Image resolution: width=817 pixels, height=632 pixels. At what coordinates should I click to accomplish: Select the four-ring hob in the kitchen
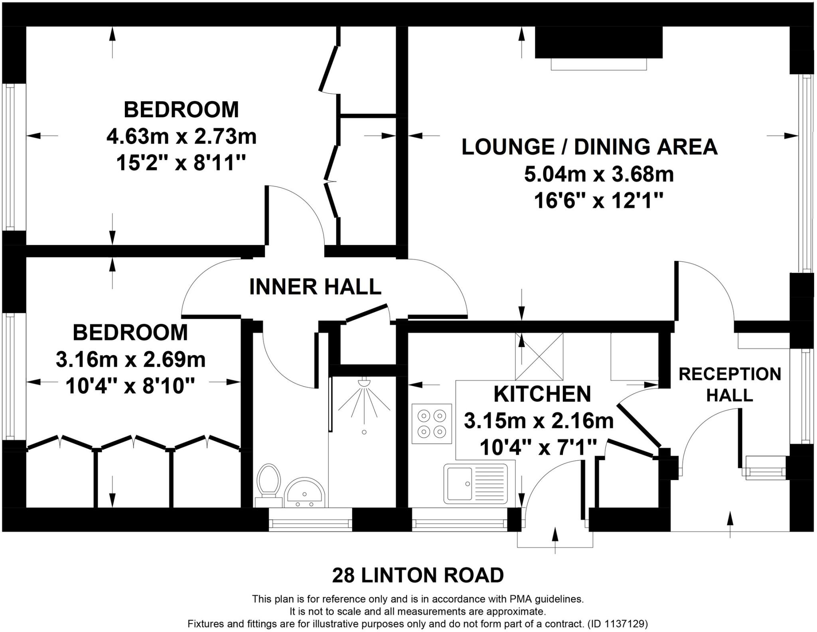432,423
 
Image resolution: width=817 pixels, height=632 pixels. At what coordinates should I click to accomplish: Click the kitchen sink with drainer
476,483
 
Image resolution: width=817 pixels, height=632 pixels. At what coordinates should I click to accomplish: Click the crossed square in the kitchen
539,356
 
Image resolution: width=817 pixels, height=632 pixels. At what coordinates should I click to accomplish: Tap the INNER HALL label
315,287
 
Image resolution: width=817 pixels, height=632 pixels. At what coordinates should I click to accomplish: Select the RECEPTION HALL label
730,384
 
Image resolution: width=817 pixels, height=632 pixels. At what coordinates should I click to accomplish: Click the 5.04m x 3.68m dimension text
599,174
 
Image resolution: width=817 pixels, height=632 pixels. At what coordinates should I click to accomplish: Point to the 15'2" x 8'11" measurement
181,163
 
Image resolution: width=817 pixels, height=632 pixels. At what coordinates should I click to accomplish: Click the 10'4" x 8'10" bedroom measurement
130,386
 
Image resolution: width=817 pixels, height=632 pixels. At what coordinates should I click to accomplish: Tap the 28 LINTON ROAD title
418,575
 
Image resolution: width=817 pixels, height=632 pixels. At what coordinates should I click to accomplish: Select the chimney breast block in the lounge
598,42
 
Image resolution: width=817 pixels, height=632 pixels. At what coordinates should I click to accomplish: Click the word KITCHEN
542,394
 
